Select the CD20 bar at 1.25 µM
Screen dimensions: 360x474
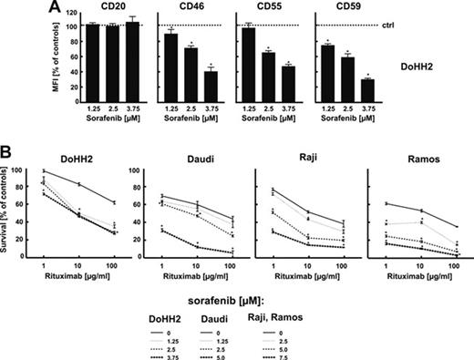pos(90,56)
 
